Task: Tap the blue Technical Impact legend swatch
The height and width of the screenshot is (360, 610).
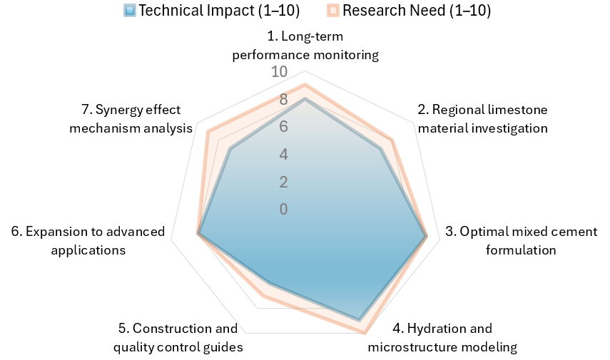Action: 130,11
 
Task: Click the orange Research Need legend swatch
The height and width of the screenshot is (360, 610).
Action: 334,11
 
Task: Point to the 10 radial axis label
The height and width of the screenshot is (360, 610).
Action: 279,72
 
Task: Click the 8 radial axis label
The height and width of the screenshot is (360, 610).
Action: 283,100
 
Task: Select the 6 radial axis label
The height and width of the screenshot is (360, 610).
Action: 283,127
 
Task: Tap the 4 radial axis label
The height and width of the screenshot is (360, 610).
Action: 283,155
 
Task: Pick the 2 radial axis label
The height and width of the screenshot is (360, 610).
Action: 283,182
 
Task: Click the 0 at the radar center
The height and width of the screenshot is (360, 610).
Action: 283,209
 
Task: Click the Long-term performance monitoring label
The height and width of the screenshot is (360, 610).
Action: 305,45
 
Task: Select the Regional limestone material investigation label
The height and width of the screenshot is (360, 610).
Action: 483,119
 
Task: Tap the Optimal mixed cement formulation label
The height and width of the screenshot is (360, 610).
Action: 522,241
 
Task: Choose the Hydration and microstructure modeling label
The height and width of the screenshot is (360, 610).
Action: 442,338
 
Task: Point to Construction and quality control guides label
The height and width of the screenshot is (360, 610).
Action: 178,338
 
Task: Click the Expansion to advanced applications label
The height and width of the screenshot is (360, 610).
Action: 88,241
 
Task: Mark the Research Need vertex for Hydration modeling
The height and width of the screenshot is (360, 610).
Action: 365,331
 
